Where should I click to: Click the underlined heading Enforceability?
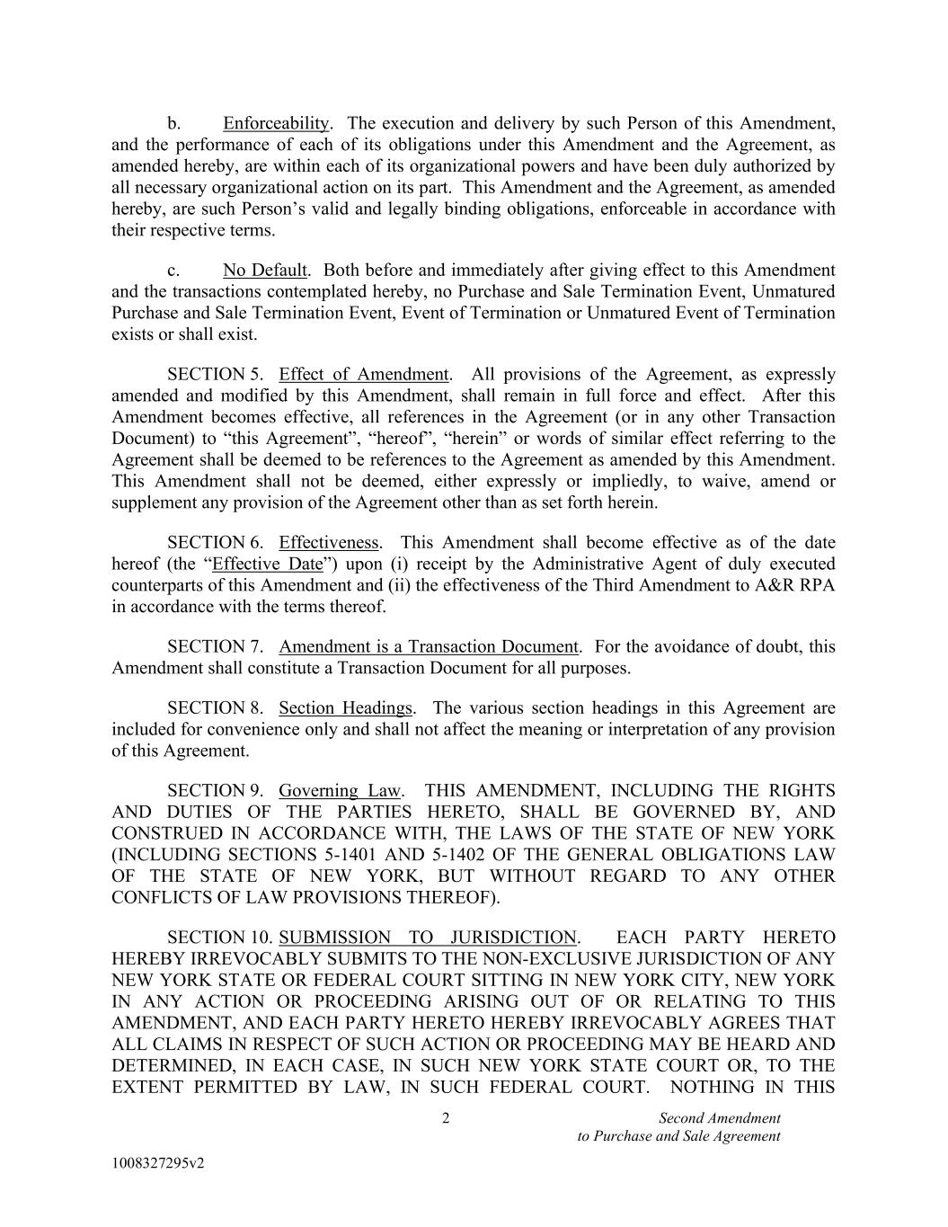277,123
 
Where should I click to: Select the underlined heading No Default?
265,271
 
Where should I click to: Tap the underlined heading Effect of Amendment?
364,375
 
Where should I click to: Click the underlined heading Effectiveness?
329,543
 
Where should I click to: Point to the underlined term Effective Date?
267,565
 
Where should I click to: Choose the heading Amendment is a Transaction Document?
429,647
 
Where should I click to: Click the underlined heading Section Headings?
346,708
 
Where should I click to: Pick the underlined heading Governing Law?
340,791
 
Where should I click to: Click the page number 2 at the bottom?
446,1119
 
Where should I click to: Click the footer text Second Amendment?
719,1119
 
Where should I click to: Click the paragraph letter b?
174,123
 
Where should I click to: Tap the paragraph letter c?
173,271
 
